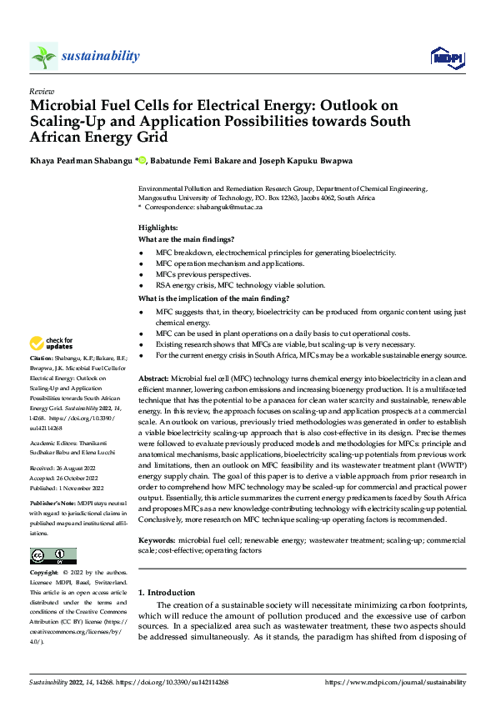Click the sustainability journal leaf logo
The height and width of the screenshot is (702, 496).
[x=43, y=56]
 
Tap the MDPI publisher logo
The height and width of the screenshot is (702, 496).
[x=447, y=58]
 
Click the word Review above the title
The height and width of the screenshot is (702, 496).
[x=41, y=91]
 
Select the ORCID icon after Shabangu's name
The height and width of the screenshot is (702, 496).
[x=143, y=161]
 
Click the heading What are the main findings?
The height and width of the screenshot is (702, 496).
[x=187, y=240]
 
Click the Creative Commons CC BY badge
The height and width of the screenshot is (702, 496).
[x=53, y=556]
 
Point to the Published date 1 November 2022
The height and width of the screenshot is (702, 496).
[x=66, y=489]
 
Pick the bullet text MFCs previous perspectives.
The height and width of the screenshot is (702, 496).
[x=203, y=274]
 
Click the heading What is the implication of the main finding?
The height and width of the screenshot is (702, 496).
[x=213, y=298]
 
